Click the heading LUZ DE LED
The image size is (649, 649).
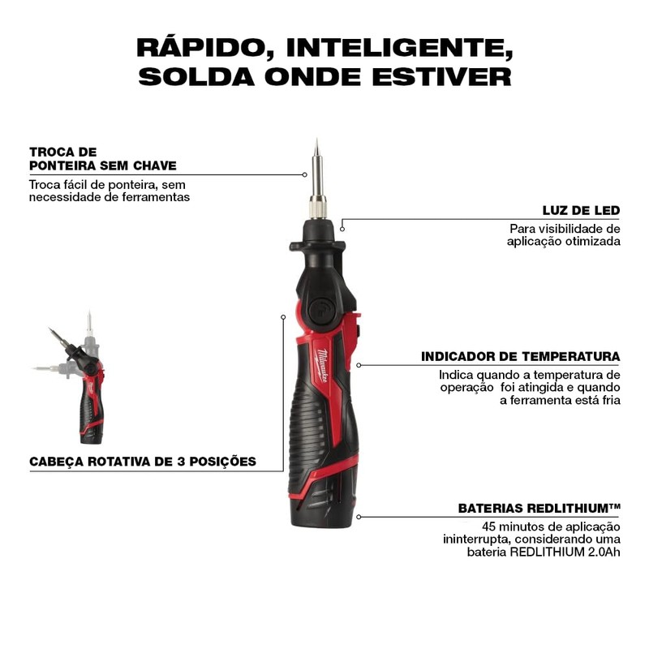pos(581,210)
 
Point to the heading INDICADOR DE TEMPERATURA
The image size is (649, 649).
pos(520,356)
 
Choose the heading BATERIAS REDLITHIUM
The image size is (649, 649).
pos(539,509)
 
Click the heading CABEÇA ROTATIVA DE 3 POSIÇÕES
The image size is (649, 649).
pos(143,462)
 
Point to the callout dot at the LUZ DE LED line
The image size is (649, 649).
pos(342,230)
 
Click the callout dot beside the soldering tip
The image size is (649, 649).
pos(304,174)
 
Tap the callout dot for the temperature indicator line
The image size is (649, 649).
pos(359,365)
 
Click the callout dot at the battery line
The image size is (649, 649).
pos(359,516)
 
